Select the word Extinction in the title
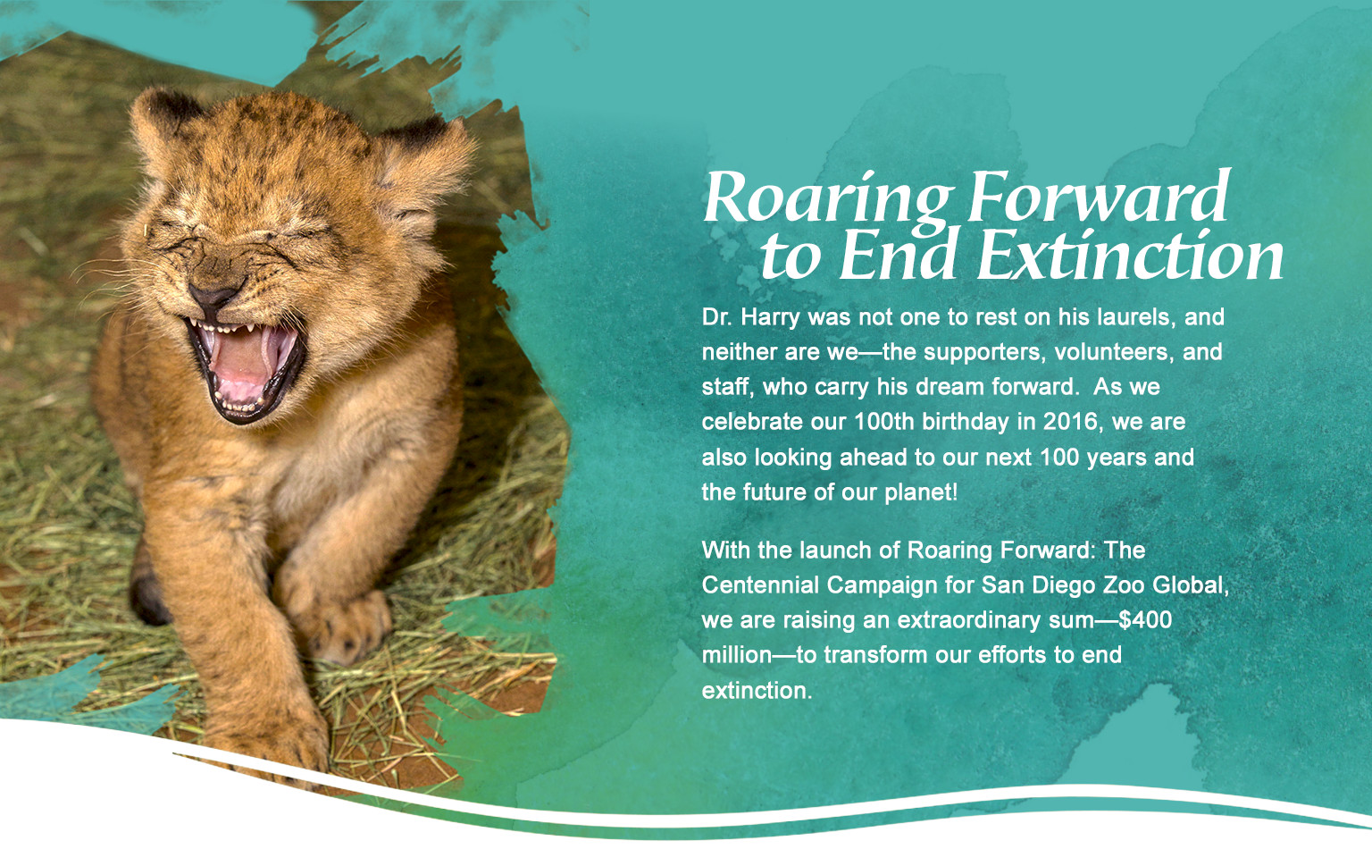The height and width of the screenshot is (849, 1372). [1131, 256]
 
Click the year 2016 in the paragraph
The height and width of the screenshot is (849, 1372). [1073, 422]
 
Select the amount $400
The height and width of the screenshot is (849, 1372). [1145, 619]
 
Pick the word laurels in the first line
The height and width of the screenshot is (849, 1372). [1134, 317]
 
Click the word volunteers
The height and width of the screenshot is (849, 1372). [1114, 352]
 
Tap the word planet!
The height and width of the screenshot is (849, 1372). [921, 492]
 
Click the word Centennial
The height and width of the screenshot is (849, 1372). [759, 584]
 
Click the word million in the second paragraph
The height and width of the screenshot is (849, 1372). [736, 655]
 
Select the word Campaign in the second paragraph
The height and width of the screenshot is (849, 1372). [882, 586]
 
